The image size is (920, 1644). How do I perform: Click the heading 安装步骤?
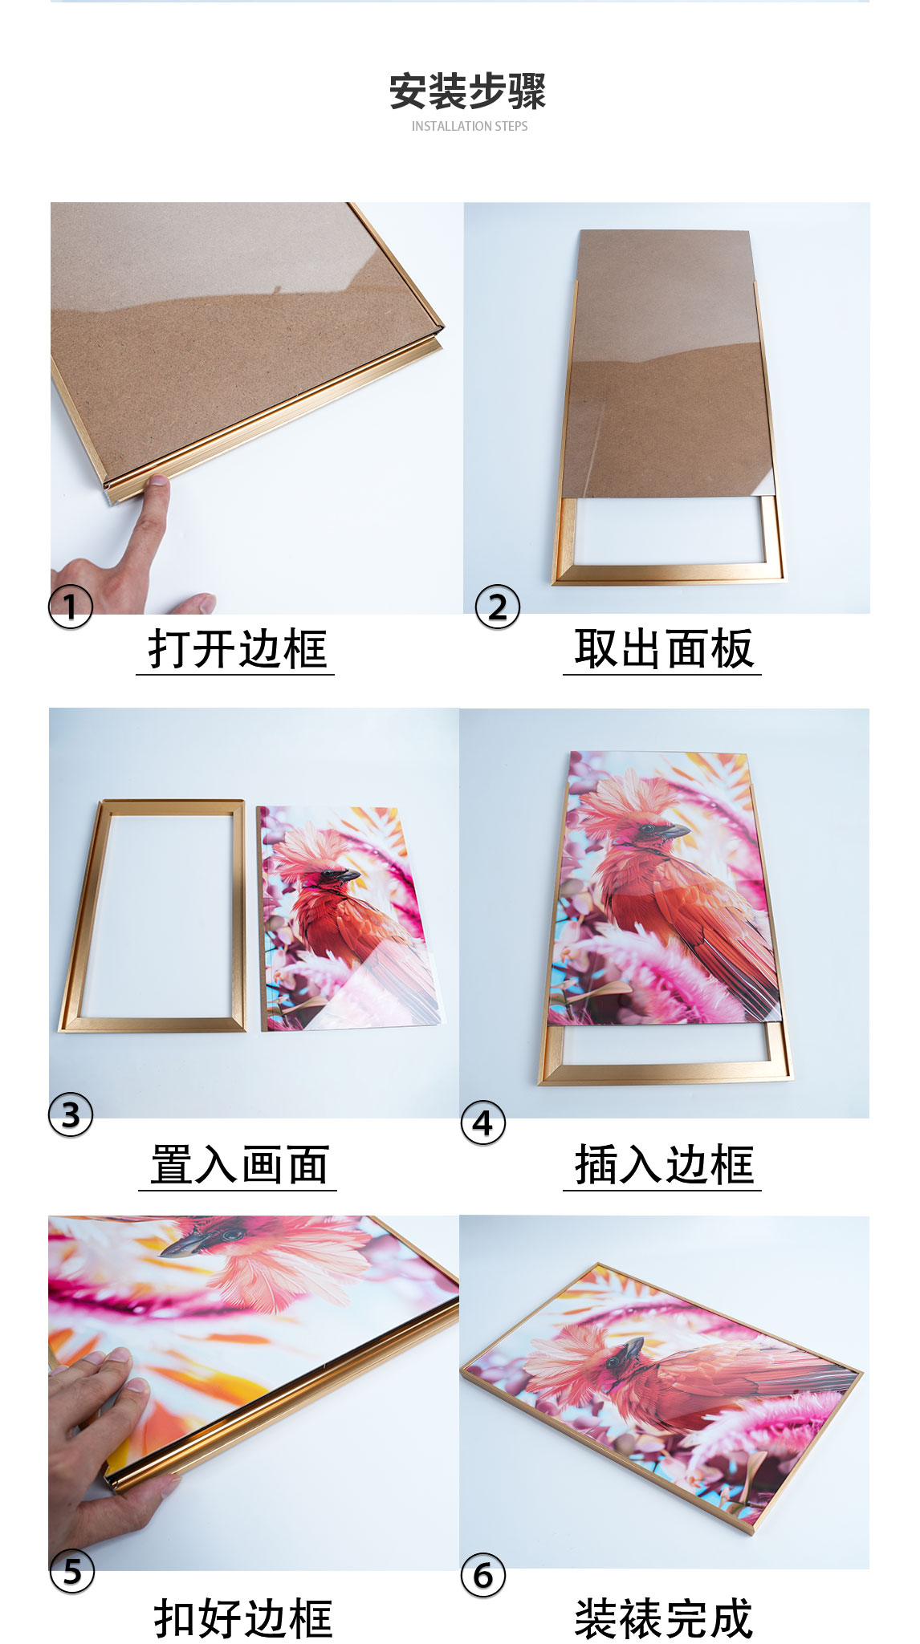(x=467, y=91)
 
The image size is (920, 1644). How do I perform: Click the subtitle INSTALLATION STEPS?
(x=470, y=126)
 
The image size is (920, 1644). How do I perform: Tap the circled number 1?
(x=71, y=607)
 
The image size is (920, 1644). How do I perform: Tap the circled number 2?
(x=498, y=607)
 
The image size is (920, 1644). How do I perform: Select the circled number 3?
(x=71, y=1114)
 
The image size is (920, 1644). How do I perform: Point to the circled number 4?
(x=483, y=1122)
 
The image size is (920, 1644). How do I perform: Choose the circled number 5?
(x=71, y=1571)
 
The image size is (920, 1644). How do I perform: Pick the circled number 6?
(x=483, y=1575)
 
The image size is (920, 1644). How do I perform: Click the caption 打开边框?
(x=236, y=649)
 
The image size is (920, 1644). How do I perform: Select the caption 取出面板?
(x=663, y=649)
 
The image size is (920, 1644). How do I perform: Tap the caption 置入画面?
(x=238, y=1165)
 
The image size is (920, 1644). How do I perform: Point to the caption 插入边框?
(x=663, y=1165)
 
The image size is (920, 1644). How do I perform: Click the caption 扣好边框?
(x=242, y=1618)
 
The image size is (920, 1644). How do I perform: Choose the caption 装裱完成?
(x=663, y=1618)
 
